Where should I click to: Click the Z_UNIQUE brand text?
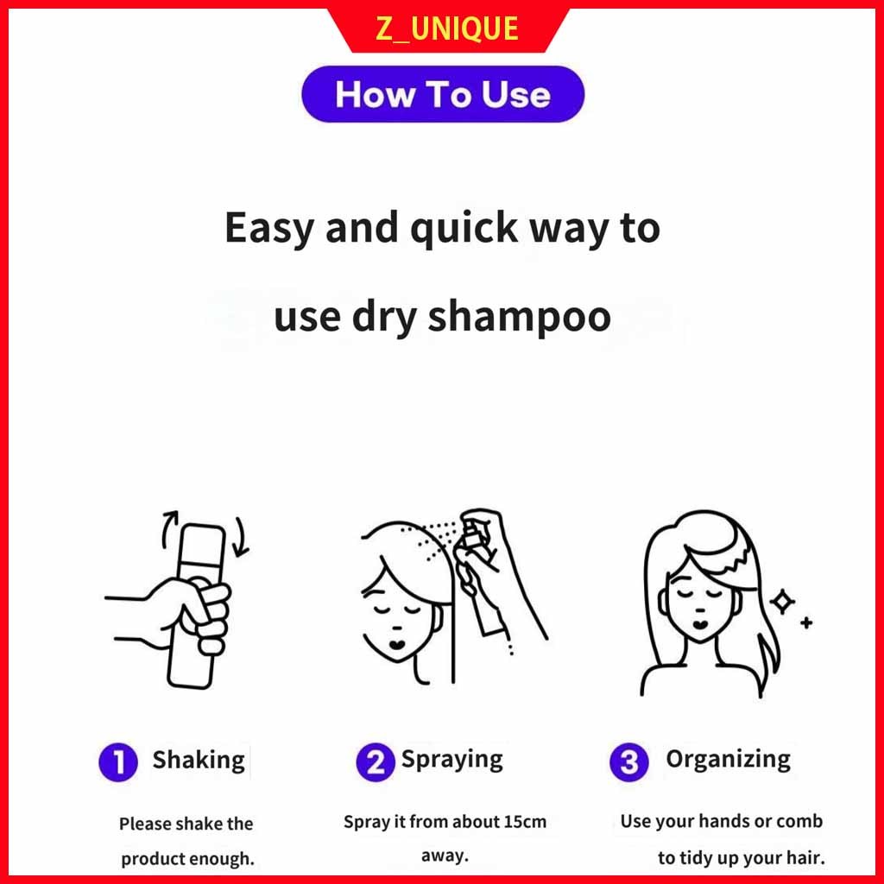(446, 28)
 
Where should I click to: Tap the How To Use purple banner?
(443, 93)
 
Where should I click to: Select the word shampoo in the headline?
(519, 319)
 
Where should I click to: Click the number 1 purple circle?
(118, 762)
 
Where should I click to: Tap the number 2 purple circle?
(375, 761)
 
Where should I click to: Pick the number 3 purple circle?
(629, 761)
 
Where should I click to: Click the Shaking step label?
(199, 761)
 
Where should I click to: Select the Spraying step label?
(451, 761)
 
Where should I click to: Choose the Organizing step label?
(728, 760)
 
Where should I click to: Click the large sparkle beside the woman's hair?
(782, 602)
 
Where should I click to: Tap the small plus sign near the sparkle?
(806, 622)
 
